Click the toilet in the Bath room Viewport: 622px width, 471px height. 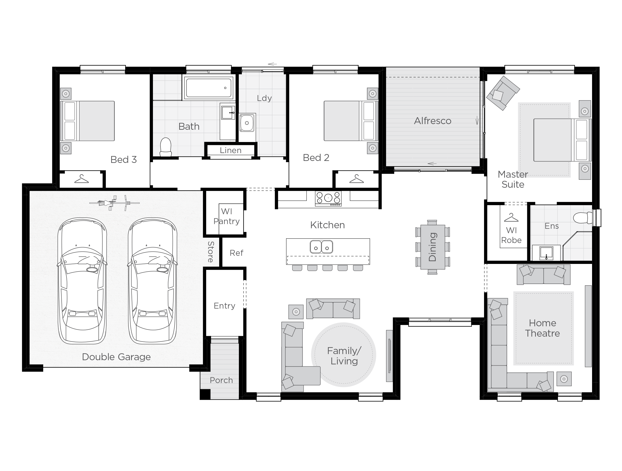coord(166,147)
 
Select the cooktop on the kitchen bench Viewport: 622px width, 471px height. coord(328,198)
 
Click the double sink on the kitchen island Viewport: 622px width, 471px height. coord(321,247)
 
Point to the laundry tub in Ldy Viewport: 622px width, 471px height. coord(247,123)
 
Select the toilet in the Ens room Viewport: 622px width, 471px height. coord(583,218)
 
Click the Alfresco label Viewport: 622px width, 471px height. coord(433,121)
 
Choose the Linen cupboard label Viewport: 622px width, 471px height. coord(230,150)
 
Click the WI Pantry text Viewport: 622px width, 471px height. coord(227,216)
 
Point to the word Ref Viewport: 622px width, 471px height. coord(236,253)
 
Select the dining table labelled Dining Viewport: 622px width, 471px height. coord(433,247)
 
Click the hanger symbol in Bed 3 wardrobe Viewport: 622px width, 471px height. coord(81,179)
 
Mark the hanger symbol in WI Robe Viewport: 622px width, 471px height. coord(511,218)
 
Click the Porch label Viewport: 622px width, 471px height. coord(221,380)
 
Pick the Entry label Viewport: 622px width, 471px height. coord(224,306)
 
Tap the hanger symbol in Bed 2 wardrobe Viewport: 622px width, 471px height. coord(357,179)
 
